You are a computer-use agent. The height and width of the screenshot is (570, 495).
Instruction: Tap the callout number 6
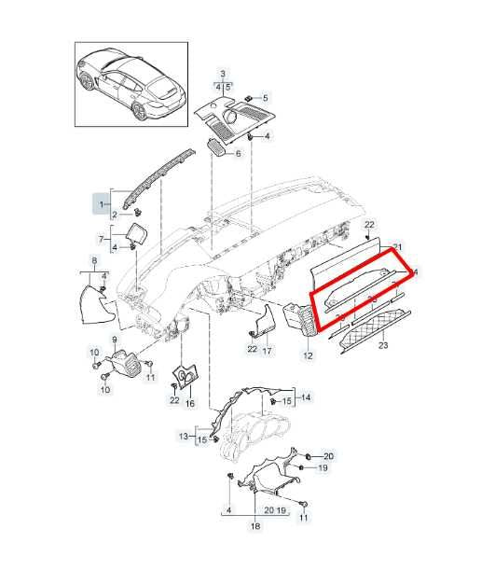[238, 153]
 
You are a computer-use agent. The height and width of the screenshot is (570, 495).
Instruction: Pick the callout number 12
[309, 355]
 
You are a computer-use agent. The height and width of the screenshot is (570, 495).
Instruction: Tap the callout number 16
[190, 405]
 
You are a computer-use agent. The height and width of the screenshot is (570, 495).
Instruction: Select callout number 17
[267, 351]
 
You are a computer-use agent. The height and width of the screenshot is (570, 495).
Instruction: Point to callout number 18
[254, 527]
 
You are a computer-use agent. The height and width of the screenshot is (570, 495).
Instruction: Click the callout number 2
[115, 215]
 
